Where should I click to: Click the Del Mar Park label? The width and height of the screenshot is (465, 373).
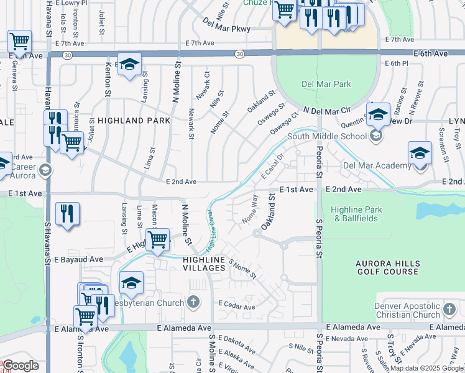pos(326,84)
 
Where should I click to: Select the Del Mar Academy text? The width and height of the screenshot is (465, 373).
pos(377,166)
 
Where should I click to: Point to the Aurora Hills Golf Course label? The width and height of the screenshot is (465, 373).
pos(387,267)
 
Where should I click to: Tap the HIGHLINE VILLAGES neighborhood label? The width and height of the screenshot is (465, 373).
pos(203,263)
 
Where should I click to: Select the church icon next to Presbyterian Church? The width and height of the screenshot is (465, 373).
pos(193,303)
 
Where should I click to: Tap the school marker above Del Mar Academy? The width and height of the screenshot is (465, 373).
pos(420,153)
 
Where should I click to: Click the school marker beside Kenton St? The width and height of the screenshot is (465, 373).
pos(129,64)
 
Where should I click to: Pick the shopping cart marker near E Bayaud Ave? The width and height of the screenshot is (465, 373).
pos(158,239)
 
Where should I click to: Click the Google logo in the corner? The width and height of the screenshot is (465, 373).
pos(20,366)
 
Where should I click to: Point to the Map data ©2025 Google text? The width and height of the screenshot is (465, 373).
pos(426,368)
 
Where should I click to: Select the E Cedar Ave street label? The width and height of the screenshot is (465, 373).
pos(236,307)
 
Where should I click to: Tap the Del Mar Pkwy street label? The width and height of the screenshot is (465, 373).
pos(226,25)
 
